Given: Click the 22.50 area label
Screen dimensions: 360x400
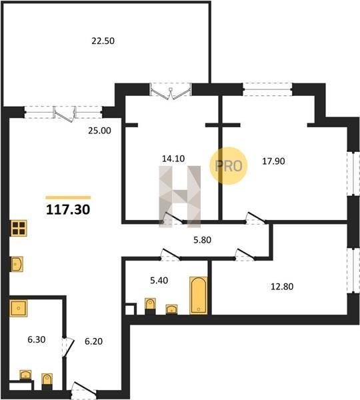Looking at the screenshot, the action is [x=103, y=41].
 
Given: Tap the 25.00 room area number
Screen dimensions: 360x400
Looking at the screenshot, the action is [x=99, y=131].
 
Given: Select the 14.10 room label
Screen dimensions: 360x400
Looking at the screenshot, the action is [x=173, y=159].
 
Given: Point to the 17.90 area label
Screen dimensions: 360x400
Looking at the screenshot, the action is [x=273, y=161].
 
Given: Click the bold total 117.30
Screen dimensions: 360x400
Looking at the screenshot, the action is [x=68, y=209].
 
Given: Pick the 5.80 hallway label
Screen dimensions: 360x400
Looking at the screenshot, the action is [x=202, y=240].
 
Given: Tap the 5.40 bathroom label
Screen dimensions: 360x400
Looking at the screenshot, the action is [x=159, y=281].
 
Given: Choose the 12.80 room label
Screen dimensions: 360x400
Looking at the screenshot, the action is [x=282, y=287].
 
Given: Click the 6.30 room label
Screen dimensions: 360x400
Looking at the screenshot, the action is [x=37, y=339].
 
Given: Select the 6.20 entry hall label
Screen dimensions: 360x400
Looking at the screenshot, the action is [x=93, y=341].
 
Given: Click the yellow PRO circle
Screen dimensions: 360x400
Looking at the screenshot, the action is [x=229, y=166].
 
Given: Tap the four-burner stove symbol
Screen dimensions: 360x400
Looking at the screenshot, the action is [x=19, y=228].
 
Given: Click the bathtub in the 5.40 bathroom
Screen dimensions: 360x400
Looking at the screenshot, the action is [x=199, y=295].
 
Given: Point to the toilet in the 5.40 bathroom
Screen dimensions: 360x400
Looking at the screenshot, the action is [x=150, y=306].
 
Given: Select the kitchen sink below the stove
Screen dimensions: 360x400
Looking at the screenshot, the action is [x=17, y=264].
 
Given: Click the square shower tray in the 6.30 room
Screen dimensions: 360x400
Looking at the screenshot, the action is [x=19, y=308].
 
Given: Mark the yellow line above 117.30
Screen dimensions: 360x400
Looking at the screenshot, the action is [x=68, y=197].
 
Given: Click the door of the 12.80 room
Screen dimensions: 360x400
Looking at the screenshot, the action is [x=245, y=255].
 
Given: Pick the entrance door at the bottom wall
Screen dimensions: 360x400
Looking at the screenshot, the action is [x=84, y=390].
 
